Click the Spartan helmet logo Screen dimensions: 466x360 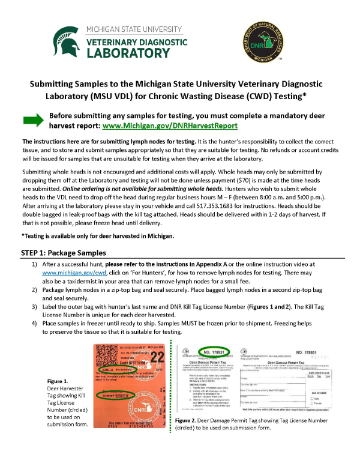coord(67,41)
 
